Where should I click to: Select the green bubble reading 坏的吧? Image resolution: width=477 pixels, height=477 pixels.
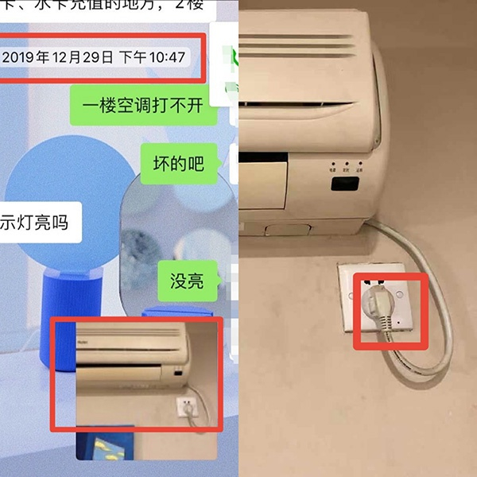[178, 164]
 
